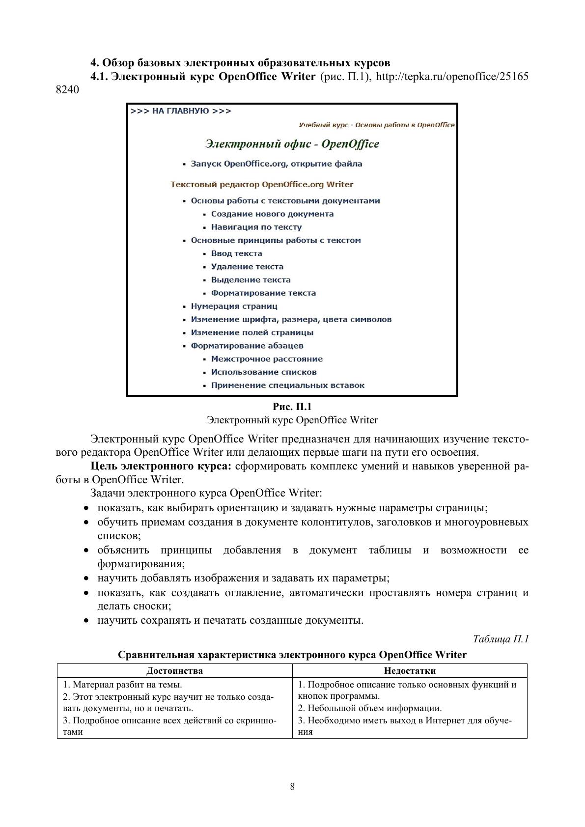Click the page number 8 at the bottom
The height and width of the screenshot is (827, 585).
point(292,787)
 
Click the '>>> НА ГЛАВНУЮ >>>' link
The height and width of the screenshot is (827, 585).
point(181,111)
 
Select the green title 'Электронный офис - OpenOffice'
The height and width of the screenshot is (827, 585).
point(292,144)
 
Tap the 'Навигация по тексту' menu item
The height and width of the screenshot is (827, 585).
point(256,227)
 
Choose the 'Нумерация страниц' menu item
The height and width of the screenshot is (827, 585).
point(234,306)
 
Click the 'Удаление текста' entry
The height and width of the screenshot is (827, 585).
point(247,267)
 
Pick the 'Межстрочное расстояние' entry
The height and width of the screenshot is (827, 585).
point(267,359)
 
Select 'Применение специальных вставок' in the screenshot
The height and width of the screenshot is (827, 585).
point(287,386)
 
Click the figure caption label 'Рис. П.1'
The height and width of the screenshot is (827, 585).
point(292,407)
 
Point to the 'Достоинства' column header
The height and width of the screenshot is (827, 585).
point(174,671)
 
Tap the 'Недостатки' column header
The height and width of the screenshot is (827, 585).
point(410,671)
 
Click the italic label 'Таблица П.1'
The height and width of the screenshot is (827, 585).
point(501,639)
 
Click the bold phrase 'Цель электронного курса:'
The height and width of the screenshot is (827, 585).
point(161,466)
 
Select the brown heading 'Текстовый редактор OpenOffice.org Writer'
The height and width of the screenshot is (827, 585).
point(262,185)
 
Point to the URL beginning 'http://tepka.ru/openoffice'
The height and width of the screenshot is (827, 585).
point(452,77)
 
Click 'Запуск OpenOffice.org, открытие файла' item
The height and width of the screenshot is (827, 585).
point(276,164)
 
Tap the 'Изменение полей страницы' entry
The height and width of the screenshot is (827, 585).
point(252,332)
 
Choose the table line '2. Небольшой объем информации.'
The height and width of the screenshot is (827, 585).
point(370,708)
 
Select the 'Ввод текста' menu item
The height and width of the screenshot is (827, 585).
point(236,254)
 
